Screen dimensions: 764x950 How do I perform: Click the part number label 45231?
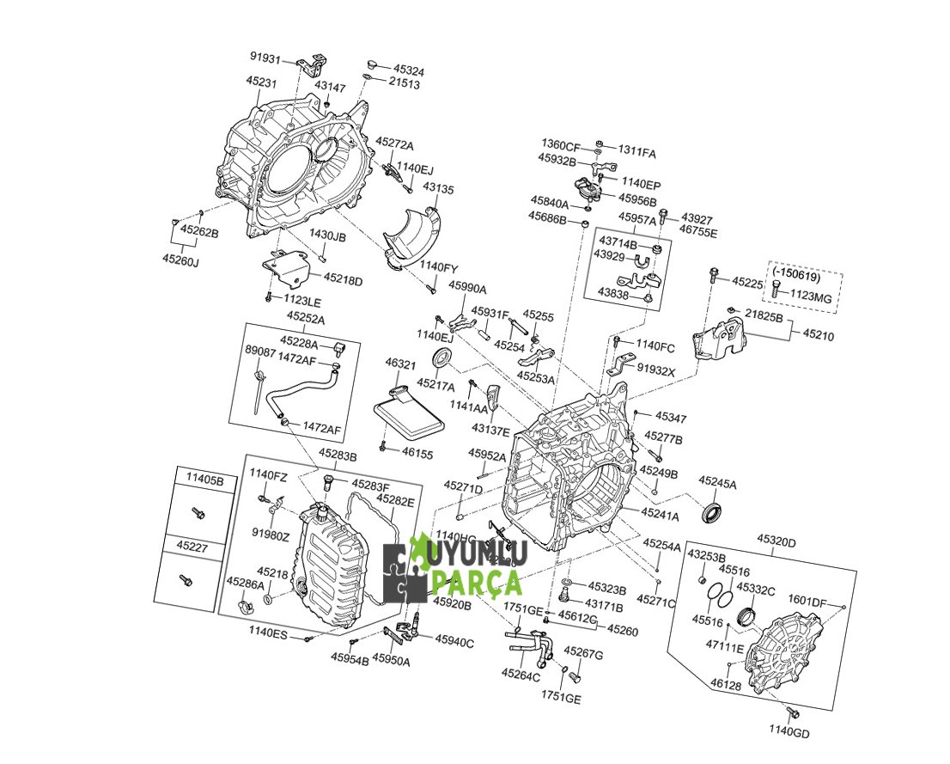click(x=261, y=81)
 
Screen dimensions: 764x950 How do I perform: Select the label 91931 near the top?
click(x=265, y=57)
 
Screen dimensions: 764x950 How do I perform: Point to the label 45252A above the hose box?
click(x=306, y=317)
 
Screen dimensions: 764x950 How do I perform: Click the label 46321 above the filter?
click(x=400, y=364)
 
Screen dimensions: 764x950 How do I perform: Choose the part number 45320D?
click(x=776, y=541)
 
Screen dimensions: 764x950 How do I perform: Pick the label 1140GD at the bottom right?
click(x=789, y=733)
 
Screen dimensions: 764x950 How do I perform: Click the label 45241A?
click(x=660, y=516)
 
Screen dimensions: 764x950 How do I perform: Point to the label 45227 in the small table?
click(x=193, y=545)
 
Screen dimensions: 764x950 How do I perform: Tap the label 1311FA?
click(x=636, y=153)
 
